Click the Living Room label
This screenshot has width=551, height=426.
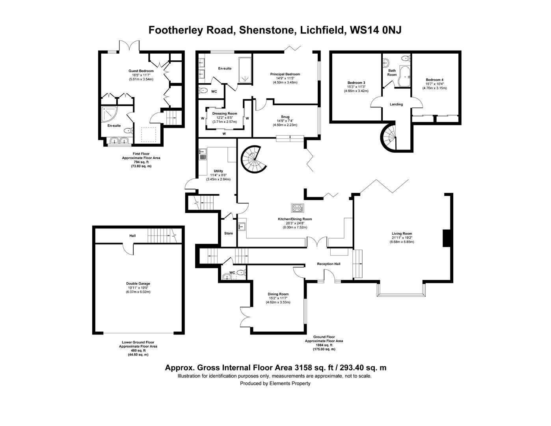point(402,234)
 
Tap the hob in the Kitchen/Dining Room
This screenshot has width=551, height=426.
point(297,207)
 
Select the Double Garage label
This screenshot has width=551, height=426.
point(138,284)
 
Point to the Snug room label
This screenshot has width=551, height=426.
point(285,117)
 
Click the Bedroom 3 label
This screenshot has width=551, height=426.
point(356,82)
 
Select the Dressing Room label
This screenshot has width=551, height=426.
point(225,114)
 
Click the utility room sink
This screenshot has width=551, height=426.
point(203,154)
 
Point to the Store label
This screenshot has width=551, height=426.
point(229,233)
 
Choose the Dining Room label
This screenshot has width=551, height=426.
point(278,294)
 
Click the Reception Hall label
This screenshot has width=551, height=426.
point(329,264)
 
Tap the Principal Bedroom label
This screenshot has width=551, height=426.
point(285,74)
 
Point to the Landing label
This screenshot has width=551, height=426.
point(396,105)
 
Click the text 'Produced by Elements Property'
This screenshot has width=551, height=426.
point(275,383)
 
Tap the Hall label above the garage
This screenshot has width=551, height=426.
point(132,236)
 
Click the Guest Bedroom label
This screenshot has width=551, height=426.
point(141,71)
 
